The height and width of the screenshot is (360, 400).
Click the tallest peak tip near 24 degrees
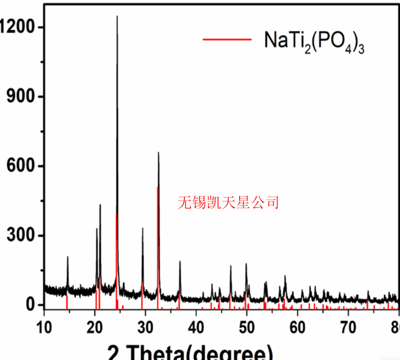pos(117,16)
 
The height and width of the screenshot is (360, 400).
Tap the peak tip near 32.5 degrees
pos(158,153)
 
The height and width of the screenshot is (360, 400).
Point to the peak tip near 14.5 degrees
pos(68,257)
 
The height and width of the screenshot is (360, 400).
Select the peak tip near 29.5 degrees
pos(143,228)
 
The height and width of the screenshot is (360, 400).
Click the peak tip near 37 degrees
pos(180,262)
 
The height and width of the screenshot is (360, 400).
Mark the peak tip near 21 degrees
pos(100,205)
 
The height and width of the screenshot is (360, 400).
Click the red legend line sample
pos(227,39)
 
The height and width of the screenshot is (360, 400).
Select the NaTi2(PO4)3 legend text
pos(314,40)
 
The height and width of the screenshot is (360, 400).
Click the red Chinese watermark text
pos(228,202)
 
